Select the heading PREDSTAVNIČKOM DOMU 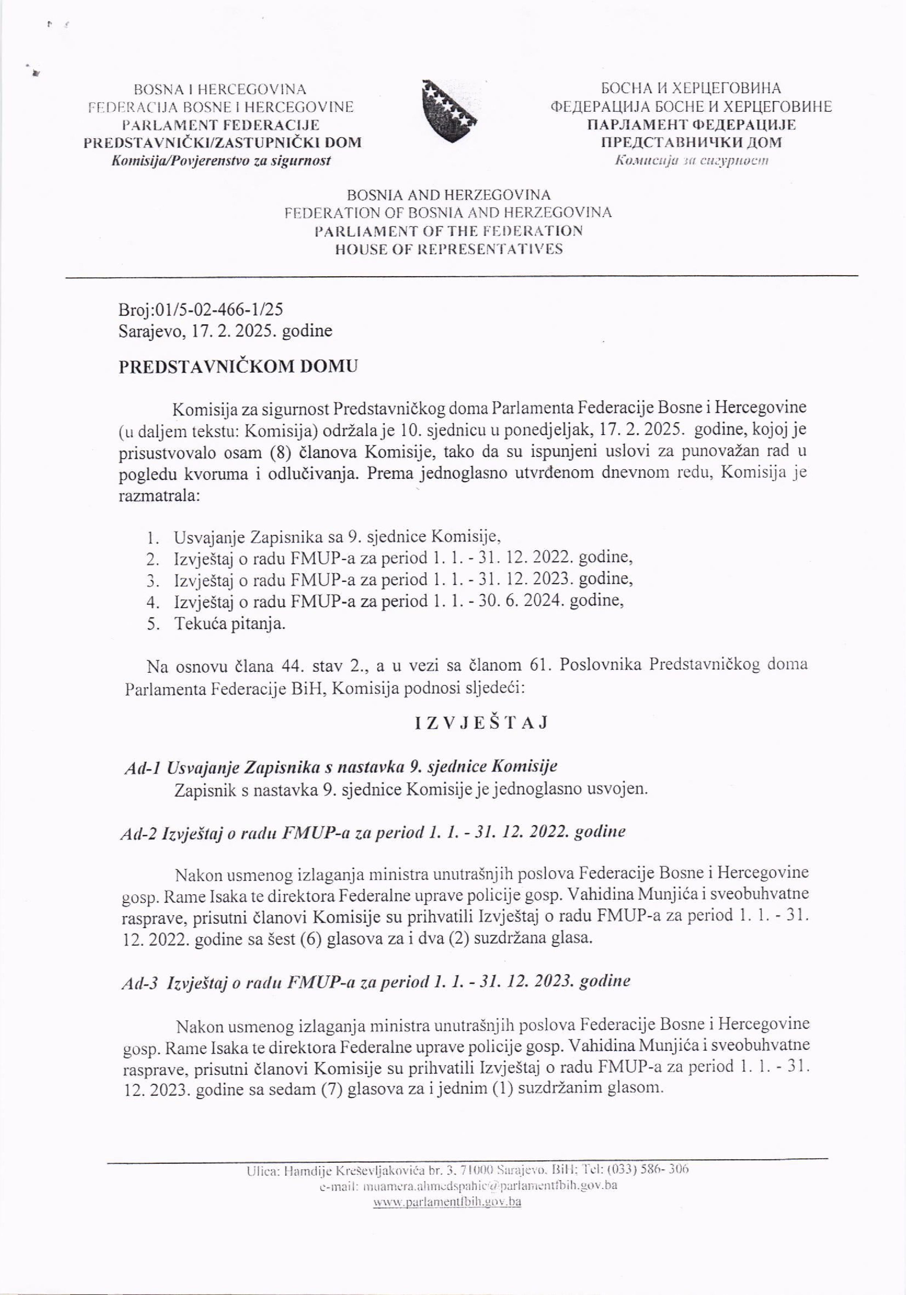(x=238, y=367)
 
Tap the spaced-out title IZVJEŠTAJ (x=481, y=723)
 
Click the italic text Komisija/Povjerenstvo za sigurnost (x=221, y=161)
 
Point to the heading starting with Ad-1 (x=340, y=767)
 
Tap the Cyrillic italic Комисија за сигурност (x=691, y=161)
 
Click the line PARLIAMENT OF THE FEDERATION (x=449, y=231)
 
